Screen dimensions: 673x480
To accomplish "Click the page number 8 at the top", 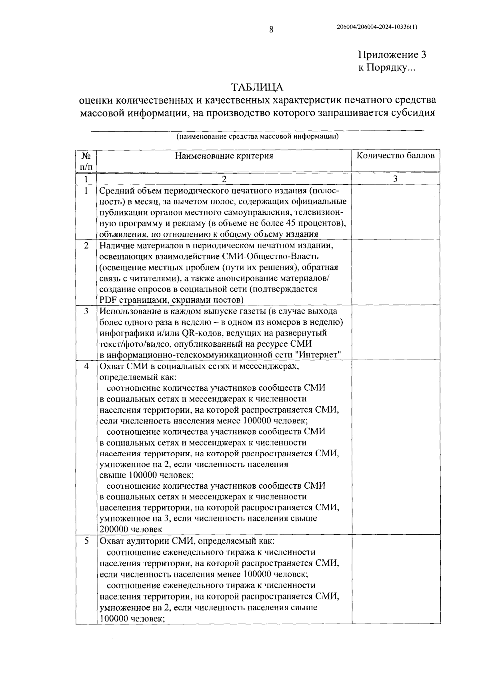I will pos(271,29).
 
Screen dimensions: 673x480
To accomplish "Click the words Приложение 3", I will pos(392,55).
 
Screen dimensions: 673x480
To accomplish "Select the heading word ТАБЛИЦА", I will pos(258,87).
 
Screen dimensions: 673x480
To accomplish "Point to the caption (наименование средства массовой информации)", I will pos(258,136).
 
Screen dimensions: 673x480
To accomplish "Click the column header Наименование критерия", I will pos(224,156).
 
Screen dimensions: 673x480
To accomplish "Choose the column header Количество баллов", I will pos(395,156).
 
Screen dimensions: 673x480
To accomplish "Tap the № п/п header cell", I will pos(86,161).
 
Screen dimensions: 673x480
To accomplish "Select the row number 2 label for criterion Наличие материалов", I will pos(86,245).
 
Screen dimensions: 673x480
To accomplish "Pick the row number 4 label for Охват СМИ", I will pos(86,366).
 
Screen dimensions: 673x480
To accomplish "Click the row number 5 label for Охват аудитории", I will pos(86,541).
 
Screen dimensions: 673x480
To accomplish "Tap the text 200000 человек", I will pos(131,529).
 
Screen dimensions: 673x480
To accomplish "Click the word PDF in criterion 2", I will pos(107,300).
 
